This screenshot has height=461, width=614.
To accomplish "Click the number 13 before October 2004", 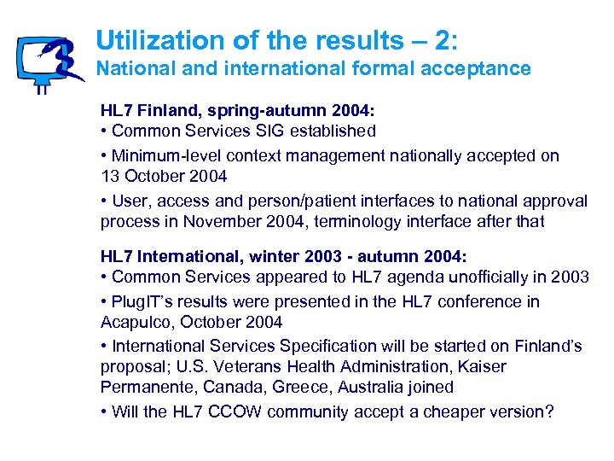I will click(x=110, y=177).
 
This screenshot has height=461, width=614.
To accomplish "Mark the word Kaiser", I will click(x=483, y=367).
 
